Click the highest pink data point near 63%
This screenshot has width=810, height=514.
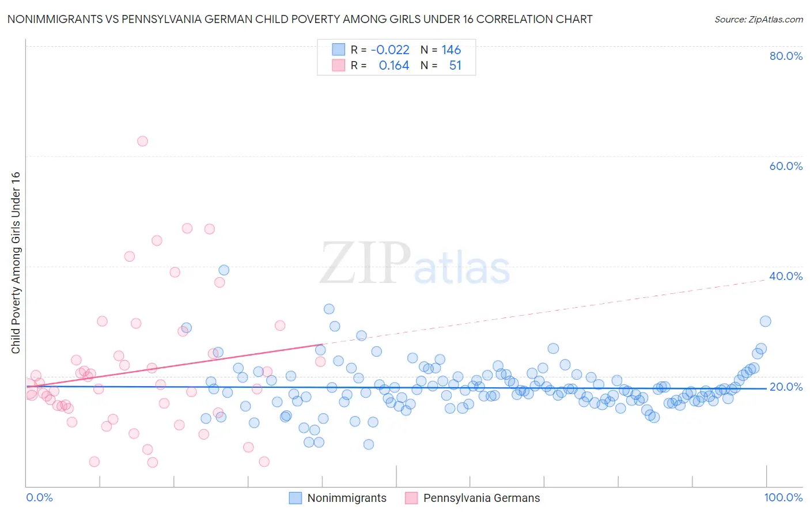[x=142, y=141]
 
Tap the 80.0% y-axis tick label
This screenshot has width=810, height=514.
[x=786, y=56]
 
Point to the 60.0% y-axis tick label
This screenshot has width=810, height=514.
[x=786, y=166]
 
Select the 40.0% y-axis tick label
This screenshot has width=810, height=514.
[x=786, y=276]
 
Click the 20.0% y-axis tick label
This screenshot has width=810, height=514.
[x=786, y=387]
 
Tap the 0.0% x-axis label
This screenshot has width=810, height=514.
[x=39, y=497]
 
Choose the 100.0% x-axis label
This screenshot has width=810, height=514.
[x=783, y=497]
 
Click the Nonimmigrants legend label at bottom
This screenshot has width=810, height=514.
[x=347, y=498]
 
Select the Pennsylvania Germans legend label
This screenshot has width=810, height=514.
[x=482, y=498]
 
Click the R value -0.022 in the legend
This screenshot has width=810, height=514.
[x=390, y=50]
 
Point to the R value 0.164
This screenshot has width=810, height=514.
[x=394, y=66]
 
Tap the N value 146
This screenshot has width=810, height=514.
[x=451, y=50]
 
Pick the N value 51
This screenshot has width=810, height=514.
[x=455, y=66]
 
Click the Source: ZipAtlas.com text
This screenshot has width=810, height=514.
[x=758, y=19]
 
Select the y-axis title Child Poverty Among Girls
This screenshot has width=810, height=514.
[x=16, y=263]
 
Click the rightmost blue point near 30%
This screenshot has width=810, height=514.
[x=765, y=322]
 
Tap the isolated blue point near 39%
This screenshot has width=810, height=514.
[x=224, y=270]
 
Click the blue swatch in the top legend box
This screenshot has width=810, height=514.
[x=338, y=50]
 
